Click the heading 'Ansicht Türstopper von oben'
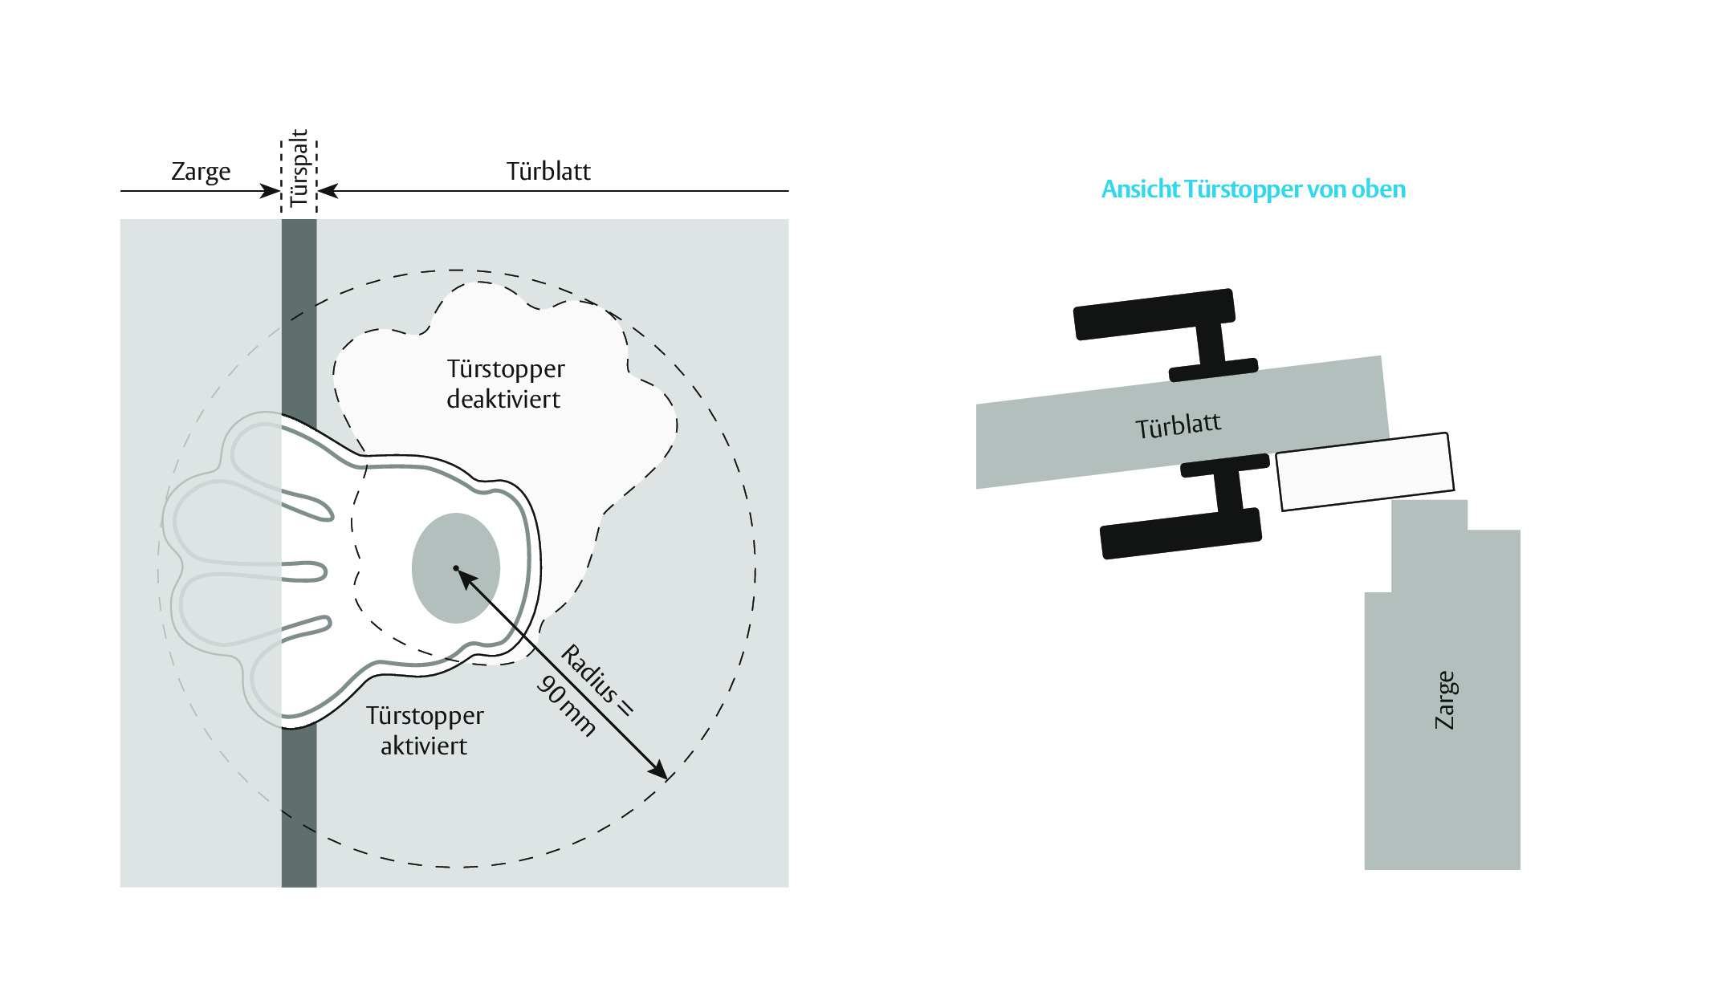(1253, 189)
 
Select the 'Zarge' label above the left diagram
(201, 172)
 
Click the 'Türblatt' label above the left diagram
(548, 171)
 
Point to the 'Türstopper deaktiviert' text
(506, 384)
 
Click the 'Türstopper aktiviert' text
(425, 730)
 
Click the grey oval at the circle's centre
(456, 568)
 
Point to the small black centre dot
(456, 568)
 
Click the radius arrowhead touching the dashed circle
(658, 770)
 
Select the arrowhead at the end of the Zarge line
(271, 191)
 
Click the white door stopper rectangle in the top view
(1365, 471)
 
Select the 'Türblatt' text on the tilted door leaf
(1178, 425)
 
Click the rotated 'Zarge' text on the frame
(1445, 700)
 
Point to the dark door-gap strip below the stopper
(299, 807)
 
